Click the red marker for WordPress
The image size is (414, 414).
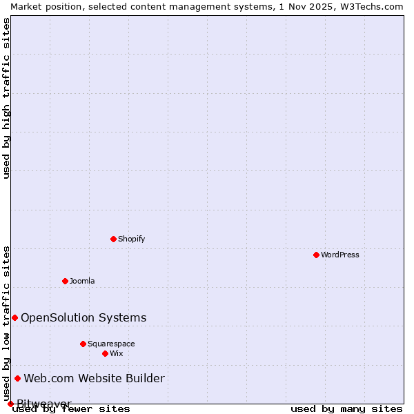(316, 255)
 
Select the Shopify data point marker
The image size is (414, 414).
(113, 239)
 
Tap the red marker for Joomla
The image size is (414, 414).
(65, 281)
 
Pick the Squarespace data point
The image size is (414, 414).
(83, 344)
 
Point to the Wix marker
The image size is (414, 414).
(105, 353)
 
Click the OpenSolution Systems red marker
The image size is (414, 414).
(14, 317)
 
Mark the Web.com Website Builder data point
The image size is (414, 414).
(17, 378)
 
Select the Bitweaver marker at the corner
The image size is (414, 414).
(10, 404)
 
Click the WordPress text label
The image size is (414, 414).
(340, 255)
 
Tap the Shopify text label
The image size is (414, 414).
(131, 239)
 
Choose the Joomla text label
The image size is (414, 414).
(82, 281)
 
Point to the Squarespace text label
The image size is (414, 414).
(111, 344)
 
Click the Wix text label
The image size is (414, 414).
(117, 353)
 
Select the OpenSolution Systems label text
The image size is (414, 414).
(83, 317)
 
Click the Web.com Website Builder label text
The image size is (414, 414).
(95, 378)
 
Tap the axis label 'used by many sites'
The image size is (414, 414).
(346, 409)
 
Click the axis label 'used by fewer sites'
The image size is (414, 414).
(71, 409)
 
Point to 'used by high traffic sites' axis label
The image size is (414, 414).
(6, 98)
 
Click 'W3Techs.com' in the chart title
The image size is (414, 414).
(370, 6)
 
